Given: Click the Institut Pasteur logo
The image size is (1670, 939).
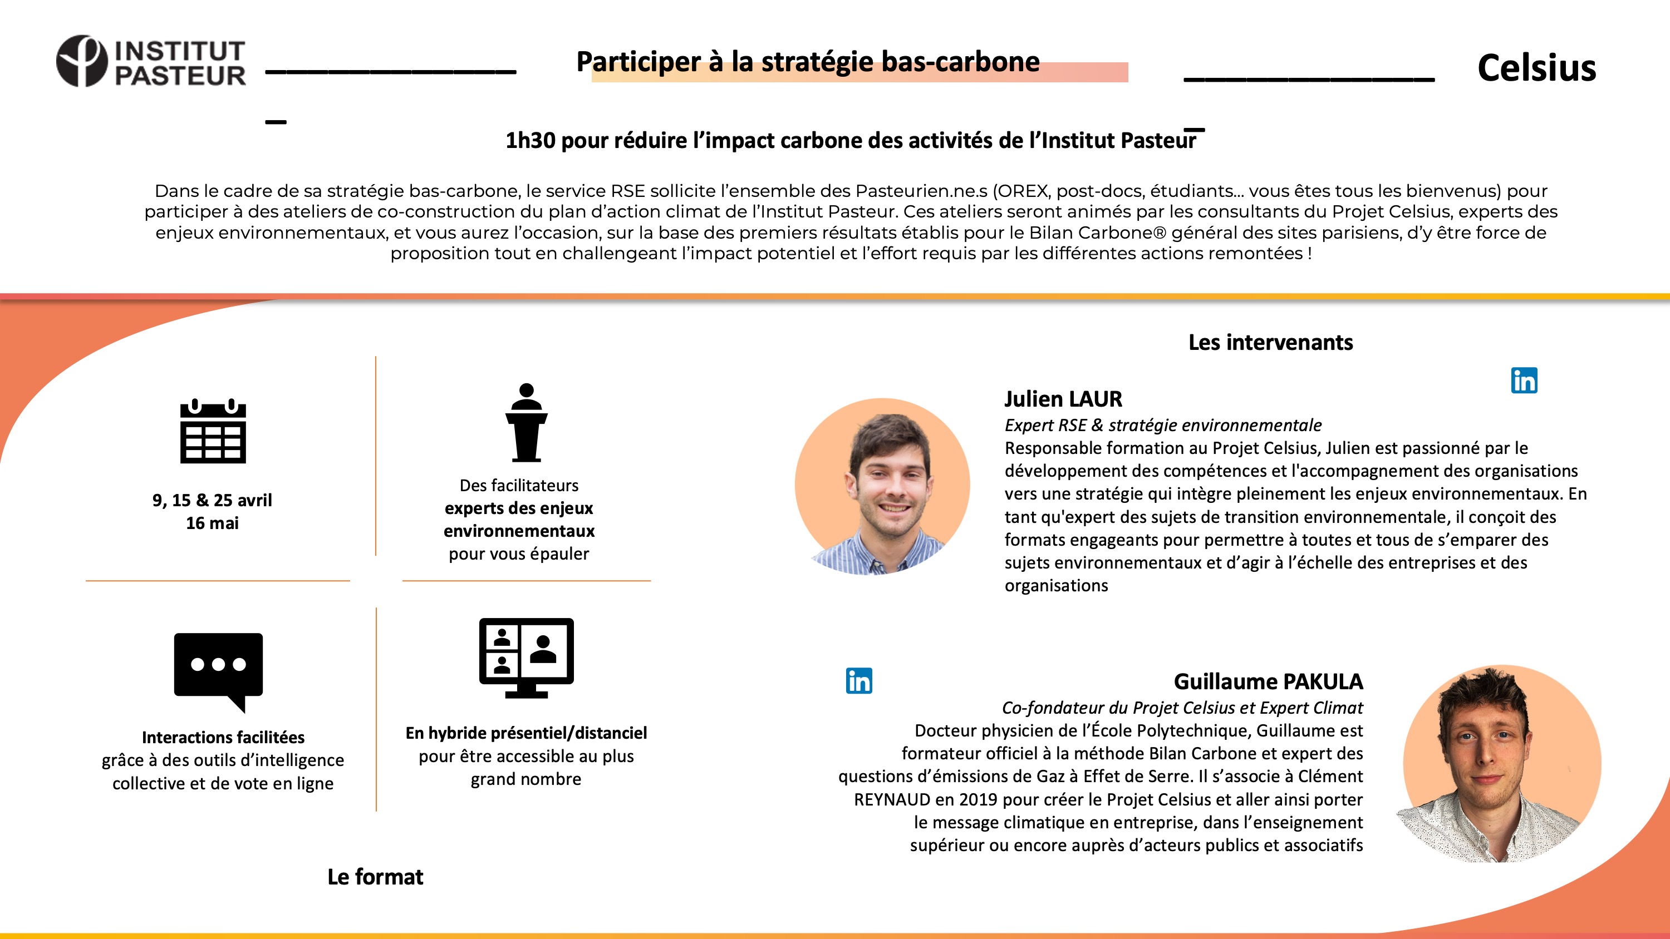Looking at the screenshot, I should coord(150,62).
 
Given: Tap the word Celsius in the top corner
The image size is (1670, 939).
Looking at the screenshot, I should coord(1536,68).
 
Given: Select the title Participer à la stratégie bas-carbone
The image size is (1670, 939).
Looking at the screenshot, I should coord(808,62).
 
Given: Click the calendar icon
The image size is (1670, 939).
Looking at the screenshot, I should coord(213,432).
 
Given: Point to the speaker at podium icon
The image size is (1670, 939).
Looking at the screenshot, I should coord(525,423).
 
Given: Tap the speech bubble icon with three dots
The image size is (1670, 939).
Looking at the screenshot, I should coord(218,671).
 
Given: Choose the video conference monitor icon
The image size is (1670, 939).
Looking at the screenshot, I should coord(525,657).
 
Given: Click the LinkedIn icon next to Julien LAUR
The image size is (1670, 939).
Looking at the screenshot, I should coord(1524,380).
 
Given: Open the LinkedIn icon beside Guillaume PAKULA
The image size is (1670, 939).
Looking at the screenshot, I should coord(859,681).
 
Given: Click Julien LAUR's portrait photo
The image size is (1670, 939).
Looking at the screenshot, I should coord(882,486).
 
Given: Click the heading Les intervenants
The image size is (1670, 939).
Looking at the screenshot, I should coord(1270,342).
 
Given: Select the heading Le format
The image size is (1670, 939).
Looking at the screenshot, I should coord(375,877).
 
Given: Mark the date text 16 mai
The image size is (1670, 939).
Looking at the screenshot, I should coord(212,523).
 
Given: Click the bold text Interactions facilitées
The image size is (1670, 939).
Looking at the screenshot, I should coord(223,738).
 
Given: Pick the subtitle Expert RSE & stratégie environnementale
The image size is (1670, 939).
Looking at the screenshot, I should coord(1163,425).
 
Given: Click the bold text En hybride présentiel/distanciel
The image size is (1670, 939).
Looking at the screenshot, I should coord(525,733).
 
